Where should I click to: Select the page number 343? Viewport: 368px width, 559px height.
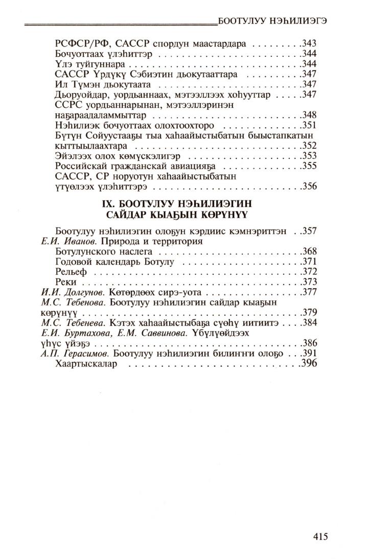[310, 42]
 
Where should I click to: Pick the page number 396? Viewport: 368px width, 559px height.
[309, 364]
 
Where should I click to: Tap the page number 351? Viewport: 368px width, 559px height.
[310, 125]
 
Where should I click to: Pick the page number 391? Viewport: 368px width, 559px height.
[310, 354]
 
